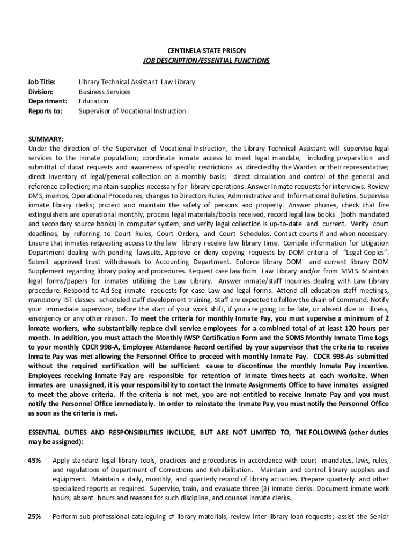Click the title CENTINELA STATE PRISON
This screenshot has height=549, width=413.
tap(206, 51)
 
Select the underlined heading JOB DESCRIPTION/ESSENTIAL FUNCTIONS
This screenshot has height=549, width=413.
tap(206, 61)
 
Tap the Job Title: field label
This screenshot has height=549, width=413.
tap(41, 82)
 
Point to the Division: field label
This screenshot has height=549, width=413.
tap(41, 92)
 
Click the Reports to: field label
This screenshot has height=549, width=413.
tap(45, 111)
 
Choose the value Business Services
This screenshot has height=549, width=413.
tap(105, 92)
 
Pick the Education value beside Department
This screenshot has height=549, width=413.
tap(93, 101)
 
